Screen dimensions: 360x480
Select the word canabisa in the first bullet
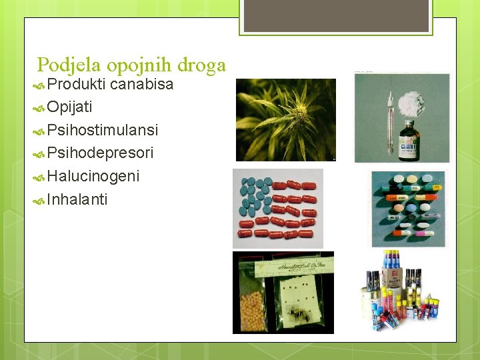(141, 85)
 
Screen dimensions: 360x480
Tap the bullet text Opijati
(70, 107)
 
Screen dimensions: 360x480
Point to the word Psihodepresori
(101, 153)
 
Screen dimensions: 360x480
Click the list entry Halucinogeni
(93, 177)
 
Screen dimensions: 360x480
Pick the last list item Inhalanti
(77, 199)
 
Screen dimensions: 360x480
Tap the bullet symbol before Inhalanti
(40, 200)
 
